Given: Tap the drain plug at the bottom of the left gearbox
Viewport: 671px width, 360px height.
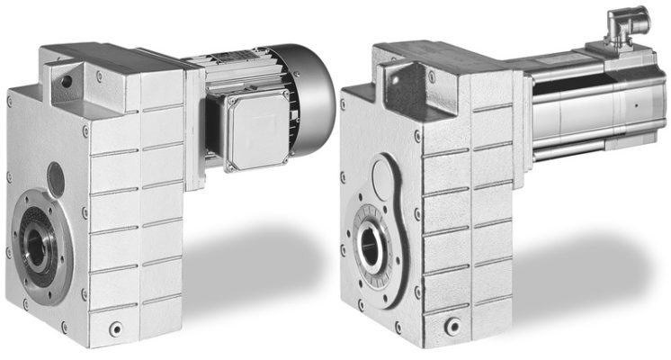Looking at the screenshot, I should [114, 329].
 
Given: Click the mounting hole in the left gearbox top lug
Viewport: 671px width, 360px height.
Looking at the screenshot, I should [65, 82].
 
